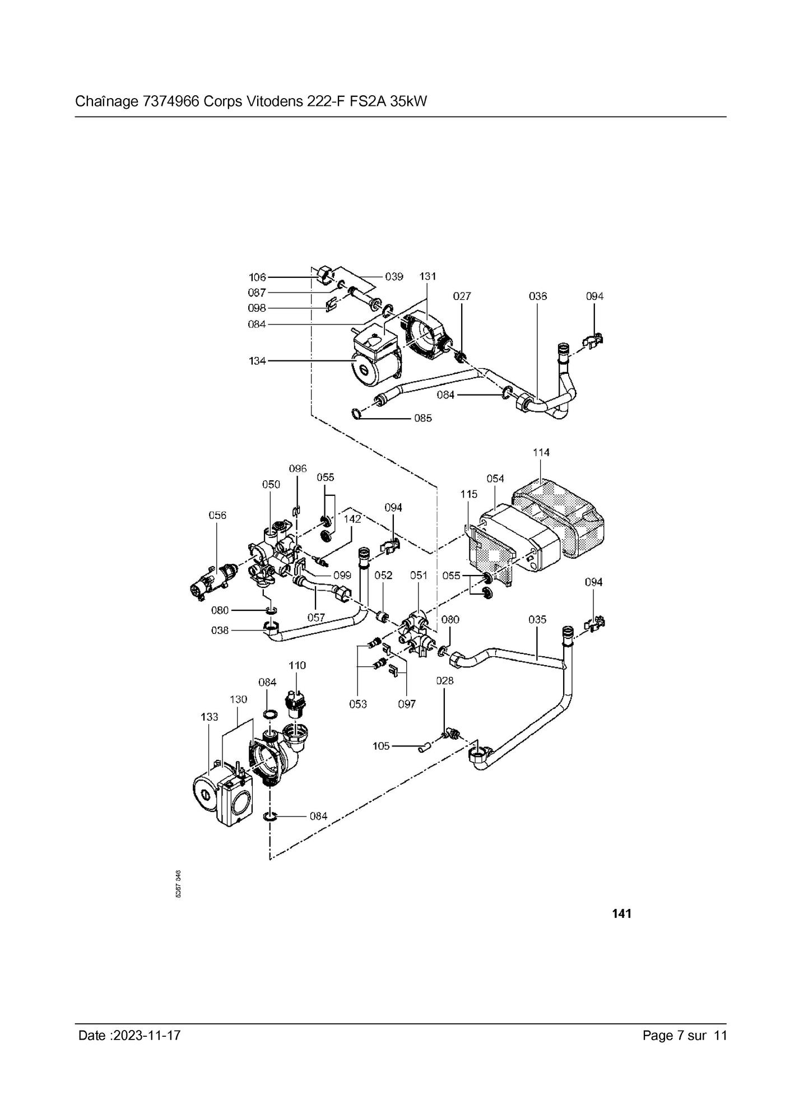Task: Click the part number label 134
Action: (x=257, y=361)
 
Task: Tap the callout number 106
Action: (x=257, y=277)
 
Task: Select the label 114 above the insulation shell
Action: (x=541, y=452)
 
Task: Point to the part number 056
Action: (x=217, y=515)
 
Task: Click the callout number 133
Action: (x=209, y=717)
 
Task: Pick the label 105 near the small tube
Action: (x=381, y=746)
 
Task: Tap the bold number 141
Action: (x=621, y=914)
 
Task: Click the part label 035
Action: (x=537, y=620)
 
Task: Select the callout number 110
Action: (x=297, y=665)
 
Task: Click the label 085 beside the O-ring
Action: (x=423, y=418)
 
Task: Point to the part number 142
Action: (x=352, y=519)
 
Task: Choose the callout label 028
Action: (x=444, y=681)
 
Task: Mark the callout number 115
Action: (x=469, y=494)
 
